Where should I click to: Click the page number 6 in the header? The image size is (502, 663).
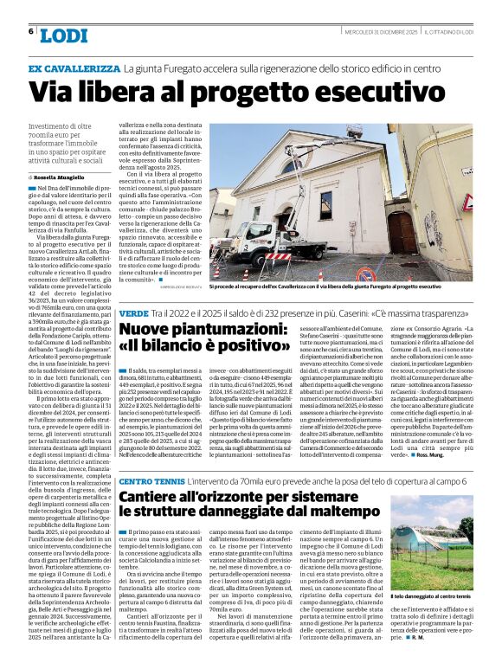point(31,31)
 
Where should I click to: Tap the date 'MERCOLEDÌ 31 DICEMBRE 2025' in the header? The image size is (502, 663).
point(403,32)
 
